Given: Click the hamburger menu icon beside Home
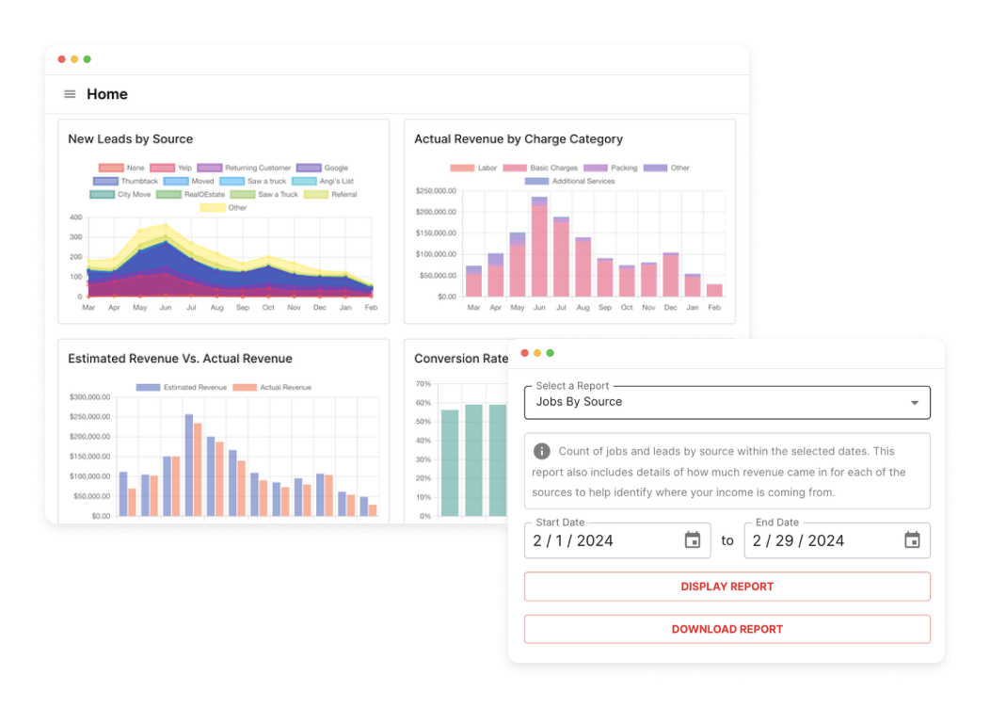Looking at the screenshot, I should (70, 94).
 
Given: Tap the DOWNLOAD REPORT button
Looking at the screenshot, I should (727, 629).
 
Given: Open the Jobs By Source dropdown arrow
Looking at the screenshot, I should (914, 403).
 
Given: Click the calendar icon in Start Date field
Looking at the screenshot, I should (692, 540).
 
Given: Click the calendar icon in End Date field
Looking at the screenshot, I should (912, 540).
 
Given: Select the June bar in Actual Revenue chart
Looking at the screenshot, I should (539, 249).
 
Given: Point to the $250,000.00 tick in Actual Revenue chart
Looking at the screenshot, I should (435, 190).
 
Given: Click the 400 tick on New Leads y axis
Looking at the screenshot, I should (76, 217).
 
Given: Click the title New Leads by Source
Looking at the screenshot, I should (130, 139).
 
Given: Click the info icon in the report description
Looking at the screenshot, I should (542, 451).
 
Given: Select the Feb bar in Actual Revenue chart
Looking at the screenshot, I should (714, 290).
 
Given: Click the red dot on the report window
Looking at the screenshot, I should (524, 353).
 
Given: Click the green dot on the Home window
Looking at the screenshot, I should (88, 59).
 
